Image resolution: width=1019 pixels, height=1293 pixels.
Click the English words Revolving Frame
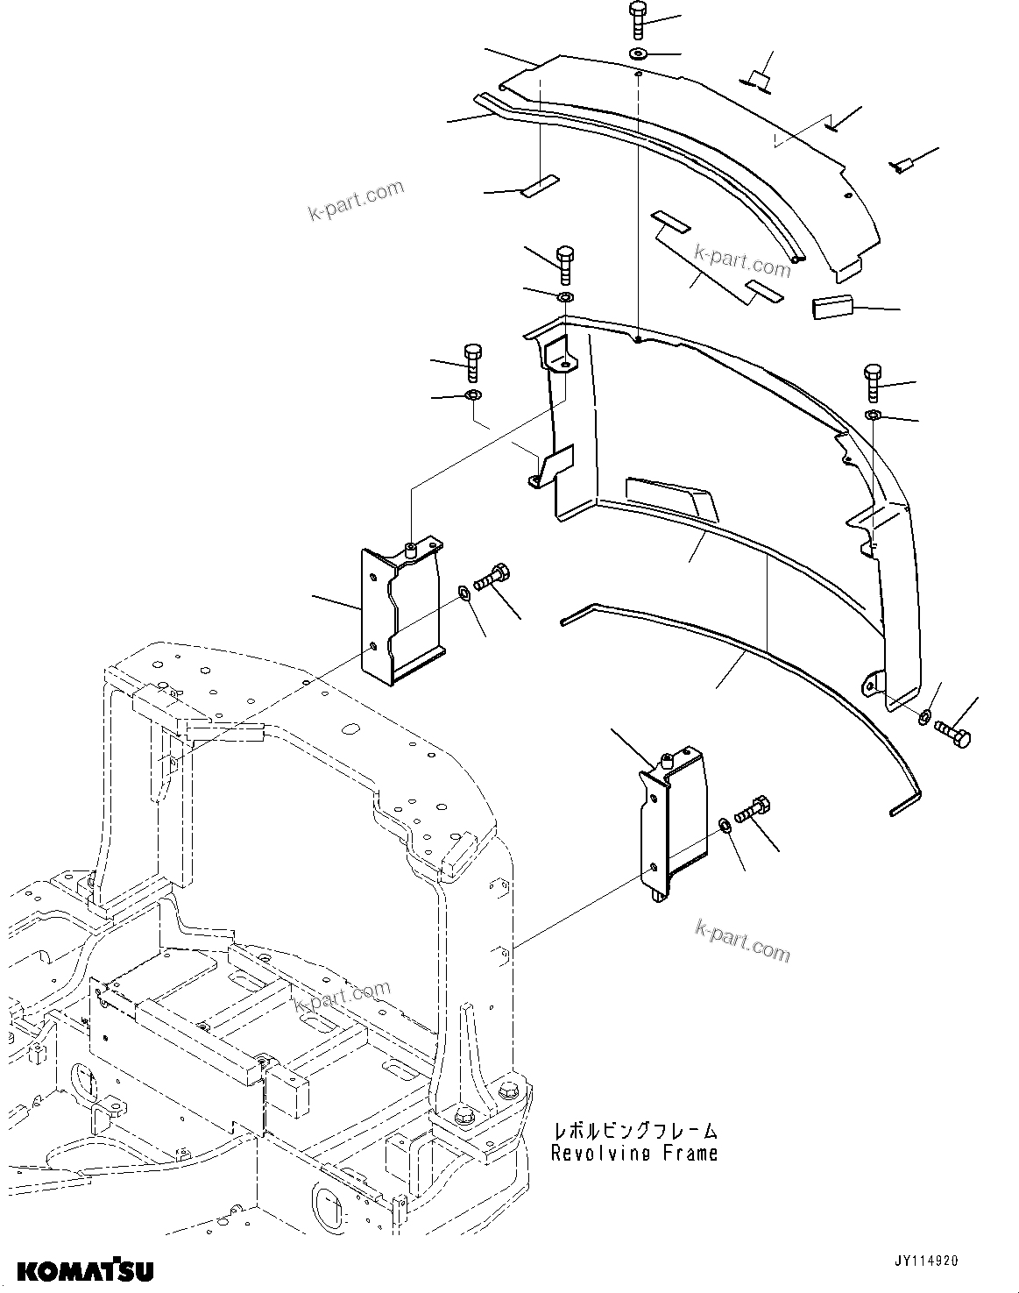click(633, 1154)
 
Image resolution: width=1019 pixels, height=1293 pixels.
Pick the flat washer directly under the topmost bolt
click(639, 55)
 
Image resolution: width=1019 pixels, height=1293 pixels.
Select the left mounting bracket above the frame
click(399, 614)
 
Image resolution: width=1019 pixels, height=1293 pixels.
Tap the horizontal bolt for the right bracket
click(751, 809)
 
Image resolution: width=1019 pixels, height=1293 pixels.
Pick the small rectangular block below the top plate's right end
click(832, 309)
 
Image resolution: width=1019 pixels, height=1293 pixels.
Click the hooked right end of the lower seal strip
click(905, 803)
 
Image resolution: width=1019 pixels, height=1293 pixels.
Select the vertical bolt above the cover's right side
click(874, 380)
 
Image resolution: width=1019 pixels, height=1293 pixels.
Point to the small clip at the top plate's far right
click(902, 163)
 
